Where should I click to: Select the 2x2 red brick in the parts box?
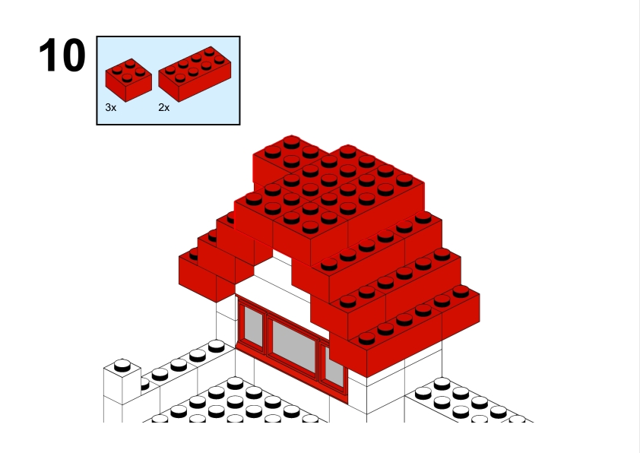(x=128, y=80)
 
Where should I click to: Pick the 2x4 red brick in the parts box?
(x=195, y=74)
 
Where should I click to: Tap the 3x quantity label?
(x=111, y=107)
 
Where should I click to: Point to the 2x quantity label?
(x=163, y=107)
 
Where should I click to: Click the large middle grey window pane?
(x=294, y=346)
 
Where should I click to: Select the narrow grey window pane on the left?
(x=253, y=326)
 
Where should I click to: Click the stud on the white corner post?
(x=122, y=365)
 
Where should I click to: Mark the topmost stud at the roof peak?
(x=291, y=142)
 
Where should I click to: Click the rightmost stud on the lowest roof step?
(x=461, y=291)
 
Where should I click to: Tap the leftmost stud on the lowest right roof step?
(x=366, y=338)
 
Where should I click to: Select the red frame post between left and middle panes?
(x=267, y=334)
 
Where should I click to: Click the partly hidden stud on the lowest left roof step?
(x=194, y=255)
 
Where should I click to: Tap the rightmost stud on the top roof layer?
(x=404, y=179)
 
